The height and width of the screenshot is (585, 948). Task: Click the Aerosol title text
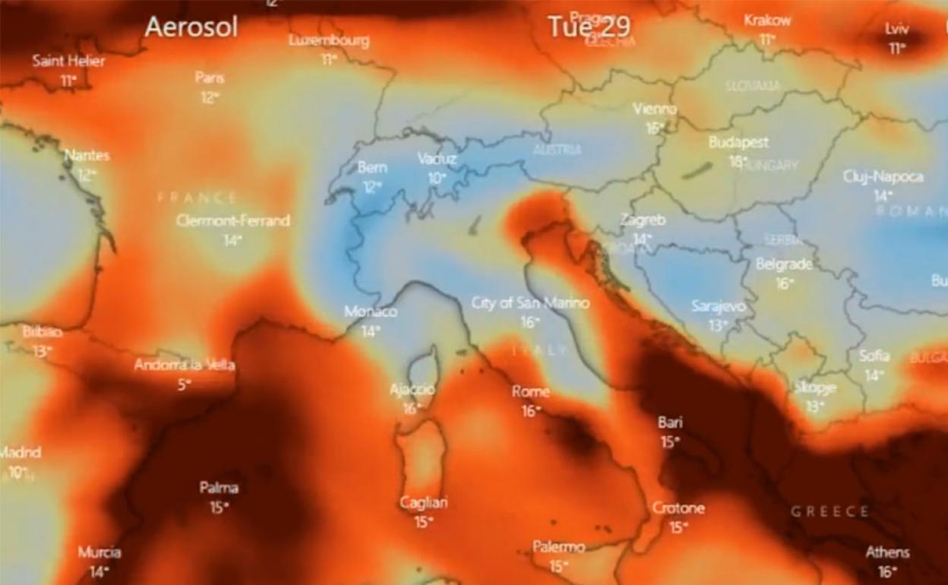[191, 27]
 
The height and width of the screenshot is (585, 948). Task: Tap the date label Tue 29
[589, 27]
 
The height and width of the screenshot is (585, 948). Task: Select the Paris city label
[210, 77]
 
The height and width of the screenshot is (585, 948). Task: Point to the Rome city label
[530, 392]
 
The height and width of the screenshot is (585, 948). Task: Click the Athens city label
[887, 552]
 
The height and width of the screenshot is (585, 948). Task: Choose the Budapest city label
[738, 142]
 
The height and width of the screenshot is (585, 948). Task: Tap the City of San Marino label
[530, 303]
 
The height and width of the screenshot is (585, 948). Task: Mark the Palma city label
[219, 488]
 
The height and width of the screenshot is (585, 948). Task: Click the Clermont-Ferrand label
[233, 221]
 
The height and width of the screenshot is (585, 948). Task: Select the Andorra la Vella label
[185, 365]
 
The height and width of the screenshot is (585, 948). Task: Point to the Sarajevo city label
[719, 306]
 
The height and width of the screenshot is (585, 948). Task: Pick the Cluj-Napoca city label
[883, 177]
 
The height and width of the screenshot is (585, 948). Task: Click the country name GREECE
[829, 511]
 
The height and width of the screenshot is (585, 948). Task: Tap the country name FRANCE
[197, 198]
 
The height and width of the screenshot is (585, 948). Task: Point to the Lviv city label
[897, 29]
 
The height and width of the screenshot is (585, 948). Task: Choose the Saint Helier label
[69, 61]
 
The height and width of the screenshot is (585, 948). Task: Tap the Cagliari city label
[424, 503]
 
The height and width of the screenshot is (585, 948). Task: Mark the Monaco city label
[371, 311]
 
